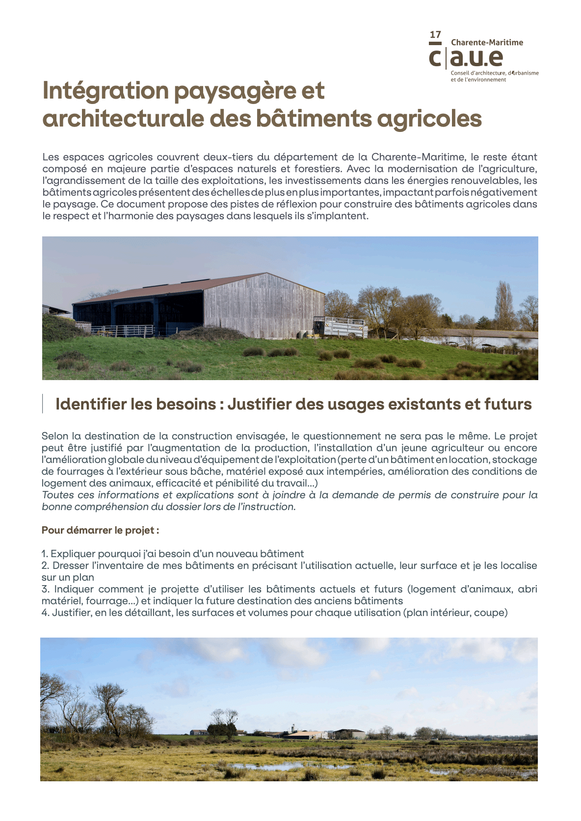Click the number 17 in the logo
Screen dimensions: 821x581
435,35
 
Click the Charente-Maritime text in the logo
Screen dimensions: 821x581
487,43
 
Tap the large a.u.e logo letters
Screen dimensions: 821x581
476,58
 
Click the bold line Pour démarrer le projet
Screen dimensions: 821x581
100,530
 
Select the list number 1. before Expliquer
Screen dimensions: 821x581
45,554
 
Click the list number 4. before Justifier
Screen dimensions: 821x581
45,613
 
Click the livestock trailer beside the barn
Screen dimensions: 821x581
341,327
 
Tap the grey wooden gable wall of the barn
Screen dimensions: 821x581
264,306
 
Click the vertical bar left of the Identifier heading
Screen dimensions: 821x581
42,404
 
